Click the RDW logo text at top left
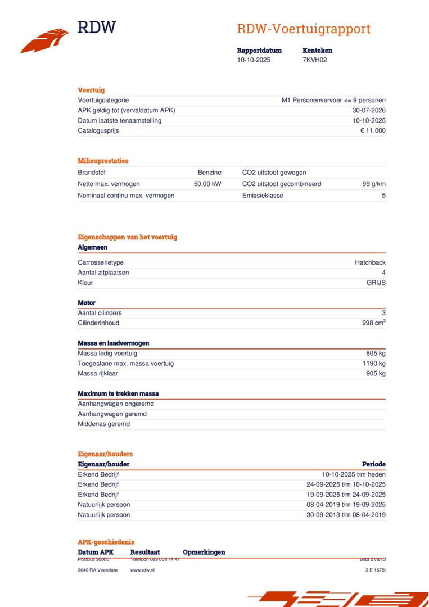[x=97, y=27]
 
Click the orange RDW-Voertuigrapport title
[x=304, y=29]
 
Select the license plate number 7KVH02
[x=314, y=60]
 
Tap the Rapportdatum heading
[x=259, y=51]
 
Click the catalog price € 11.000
[x=373, y=131]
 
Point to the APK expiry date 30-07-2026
[x=369, y=111]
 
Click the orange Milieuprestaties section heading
[x=103, y=161]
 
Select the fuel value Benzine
[x=209, y=173]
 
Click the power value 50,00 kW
[x=207, y=184]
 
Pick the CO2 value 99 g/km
[x=374, y=184]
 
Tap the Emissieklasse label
[x=263, y=196]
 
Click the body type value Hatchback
[x=370, y=262]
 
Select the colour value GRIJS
[x=376, y=283]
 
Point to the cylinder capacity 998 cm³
[x=373, y=323]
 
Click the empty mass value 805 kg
[x=376, y=354]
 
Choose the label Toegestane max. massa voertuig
[x=125, y=364]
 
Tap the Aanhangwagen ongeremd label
[x=116, y=404]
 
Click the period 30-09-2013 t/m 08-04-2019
[x=346, y=515]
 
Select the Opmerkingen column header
[x=204, y=552]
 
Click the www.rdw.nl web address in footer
[x=142, y=570]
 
